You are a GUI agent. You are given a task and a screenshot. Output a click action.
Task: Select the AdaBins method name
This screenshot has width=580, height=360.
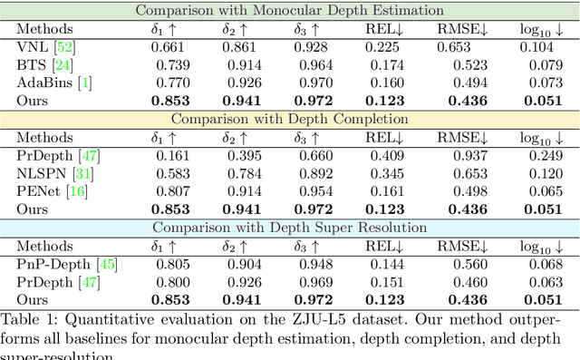pyautogui.click(x=43, y=83)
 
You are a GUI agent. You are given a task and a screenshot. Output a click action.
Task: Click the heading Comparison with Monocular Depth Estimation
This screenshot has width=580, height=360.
pyautogui.click(x=290, y=11)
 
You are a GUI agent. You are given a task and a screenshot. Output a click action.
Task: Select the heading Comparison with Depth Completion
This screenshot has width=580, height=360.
pyautogui.click(x=290, y=118)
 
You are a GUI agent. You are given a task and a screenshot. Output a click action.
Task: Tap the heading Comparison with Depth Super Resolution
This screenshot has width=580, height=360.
pyautogui.click(x=290, y=227)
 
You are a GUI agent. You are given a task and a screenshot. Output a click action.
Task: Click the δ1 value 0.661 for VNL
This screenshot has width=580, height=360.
pyautogui.click(x=169, y=47)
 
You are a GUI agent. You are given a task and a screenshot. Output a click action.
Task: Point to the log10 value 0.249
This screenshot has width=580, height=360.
pyautogui.click(x=537, y=154)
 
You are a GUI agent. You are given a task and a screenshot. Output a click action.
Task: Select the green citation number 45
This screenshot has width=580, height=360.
pyautogui.click(x=107, y=263)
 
